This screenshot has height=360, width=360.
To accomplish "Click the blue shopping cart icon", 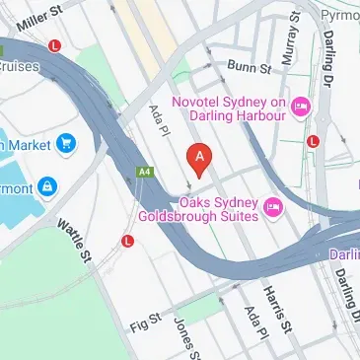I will tap(66, 145).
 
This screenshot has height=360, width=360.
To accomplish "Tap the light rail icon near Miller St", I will tap(55, 45).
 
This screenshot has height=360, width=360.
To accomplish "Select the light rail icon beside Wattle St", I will tap(127, 240).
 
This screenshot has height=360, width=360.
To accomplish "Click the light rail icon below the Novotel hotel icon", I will tap(313, 140).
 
